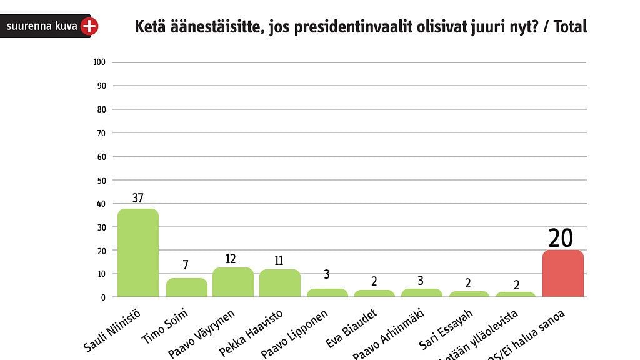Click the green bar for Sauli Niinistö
click(x=138, y=253)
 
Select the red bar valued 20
click(x=563, y=274)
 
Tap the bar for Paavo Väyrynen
click(x=233, y=282)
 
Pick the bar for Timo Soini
click(x=186, y=287)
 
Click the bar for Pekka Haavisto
click(x=280, y=283)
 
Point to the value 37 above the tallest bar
click(x=138, y=198)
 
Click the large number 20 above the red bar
click(x=561, y=238)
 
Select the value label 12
click(x=231, y=259)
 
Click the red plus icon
click(x=90, y=26)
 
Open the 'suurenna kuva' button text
click(x=41, y=26)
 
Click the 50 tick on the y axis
click(x=101, y=180)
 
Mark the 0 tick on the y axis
click(x=103, y=297)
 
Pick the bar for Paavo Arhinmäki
click(x=421, y=292)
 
